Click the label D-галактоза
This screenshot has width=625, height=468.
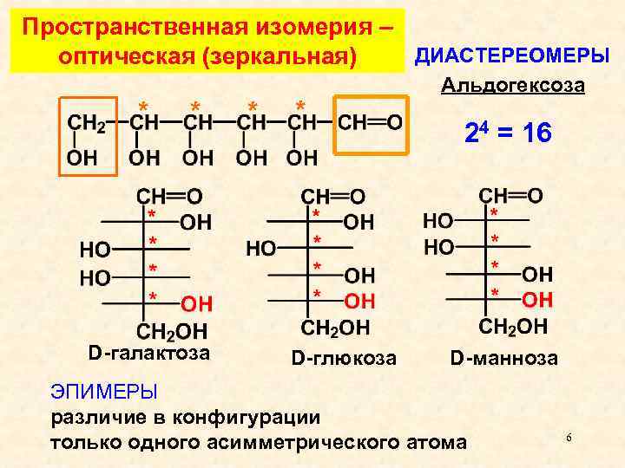[x=149, y=353]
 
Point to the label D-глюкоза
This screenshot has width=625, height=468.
[x=344, y=357]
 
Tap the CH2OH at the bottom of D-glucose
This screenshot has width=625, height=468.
[x=334, y=328]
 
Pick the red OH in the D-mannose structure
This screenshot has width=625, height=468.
[x=537, y=300]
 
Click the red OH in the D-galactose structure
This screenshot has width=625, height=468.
[x=197, y=303]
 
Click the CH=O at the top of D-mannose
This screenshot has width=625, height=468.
[x=511, y=195]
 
